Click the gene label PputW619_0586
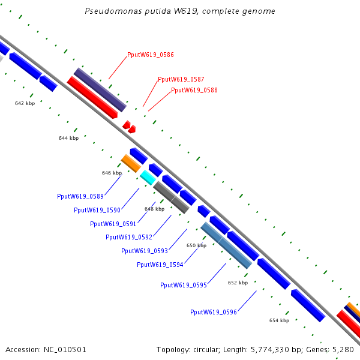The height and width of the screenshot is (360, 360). pos(151,55)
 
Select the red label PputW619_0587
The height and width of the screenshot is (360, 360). pos(181,79)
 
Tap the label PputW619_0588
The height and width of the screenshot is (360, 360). pos(194,90)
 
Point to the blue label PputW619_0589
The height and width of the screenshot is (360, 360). pos(80,196)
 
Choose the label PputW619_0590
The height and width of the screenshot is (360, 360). pos(97,210)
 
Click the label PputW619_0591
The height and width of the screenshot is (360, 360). pos(113,224)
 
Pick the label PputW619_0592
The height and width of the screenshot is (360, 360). pos(129,237)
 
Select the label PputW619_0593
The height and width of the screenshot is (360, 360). pos(145,251)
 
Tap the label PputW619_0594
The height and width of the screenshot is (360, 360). pos(160,265)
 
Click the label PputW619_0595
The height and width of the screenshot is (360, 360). pos(184,285)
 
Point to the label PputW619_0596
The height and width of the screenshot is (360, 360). pos(214,312)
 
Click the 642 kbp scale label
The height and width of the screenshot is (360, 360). pos(25,103)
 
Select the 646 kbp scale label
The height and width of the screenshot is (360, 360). pos(112,173)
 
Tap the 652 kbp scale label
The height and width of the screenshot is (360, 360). pos(238,283)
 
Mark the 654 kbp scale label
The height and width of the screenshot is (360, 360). pos(279,320)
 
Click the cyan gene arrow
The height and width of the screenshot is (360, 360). pos(148,177)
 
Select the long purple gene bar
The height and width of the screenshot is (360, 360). pos(100,90)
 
